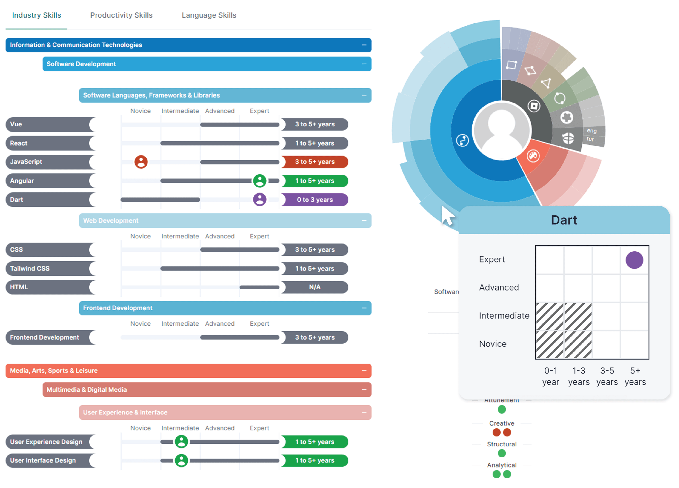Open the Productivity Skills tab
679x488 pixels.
coord(121,15)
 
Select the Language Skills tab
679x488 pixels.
coord(209,15)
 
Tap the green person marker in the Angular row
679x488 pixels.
coord(260,181)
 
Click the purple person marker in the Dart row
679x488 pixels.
coord(260,200)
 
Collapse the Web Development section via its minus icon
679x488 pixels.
coord(364,221)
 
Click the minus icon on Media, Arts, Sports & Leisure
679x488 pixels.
coord(364,371)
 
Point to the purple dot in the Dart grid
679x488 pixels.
coord(634,260)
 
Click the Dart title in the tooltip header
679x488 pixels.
coord(564,220)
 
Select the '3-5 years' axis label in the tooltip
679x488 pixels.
coord(607,376)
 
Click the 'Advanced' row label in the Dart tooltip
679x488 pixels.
coord(499,287)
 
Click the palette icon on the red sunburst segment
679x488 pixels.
coord(533,156)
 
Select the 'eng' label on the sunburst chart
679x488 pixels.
coord(592,131)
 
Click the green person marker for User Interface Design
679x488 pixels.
coord(181,460)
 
